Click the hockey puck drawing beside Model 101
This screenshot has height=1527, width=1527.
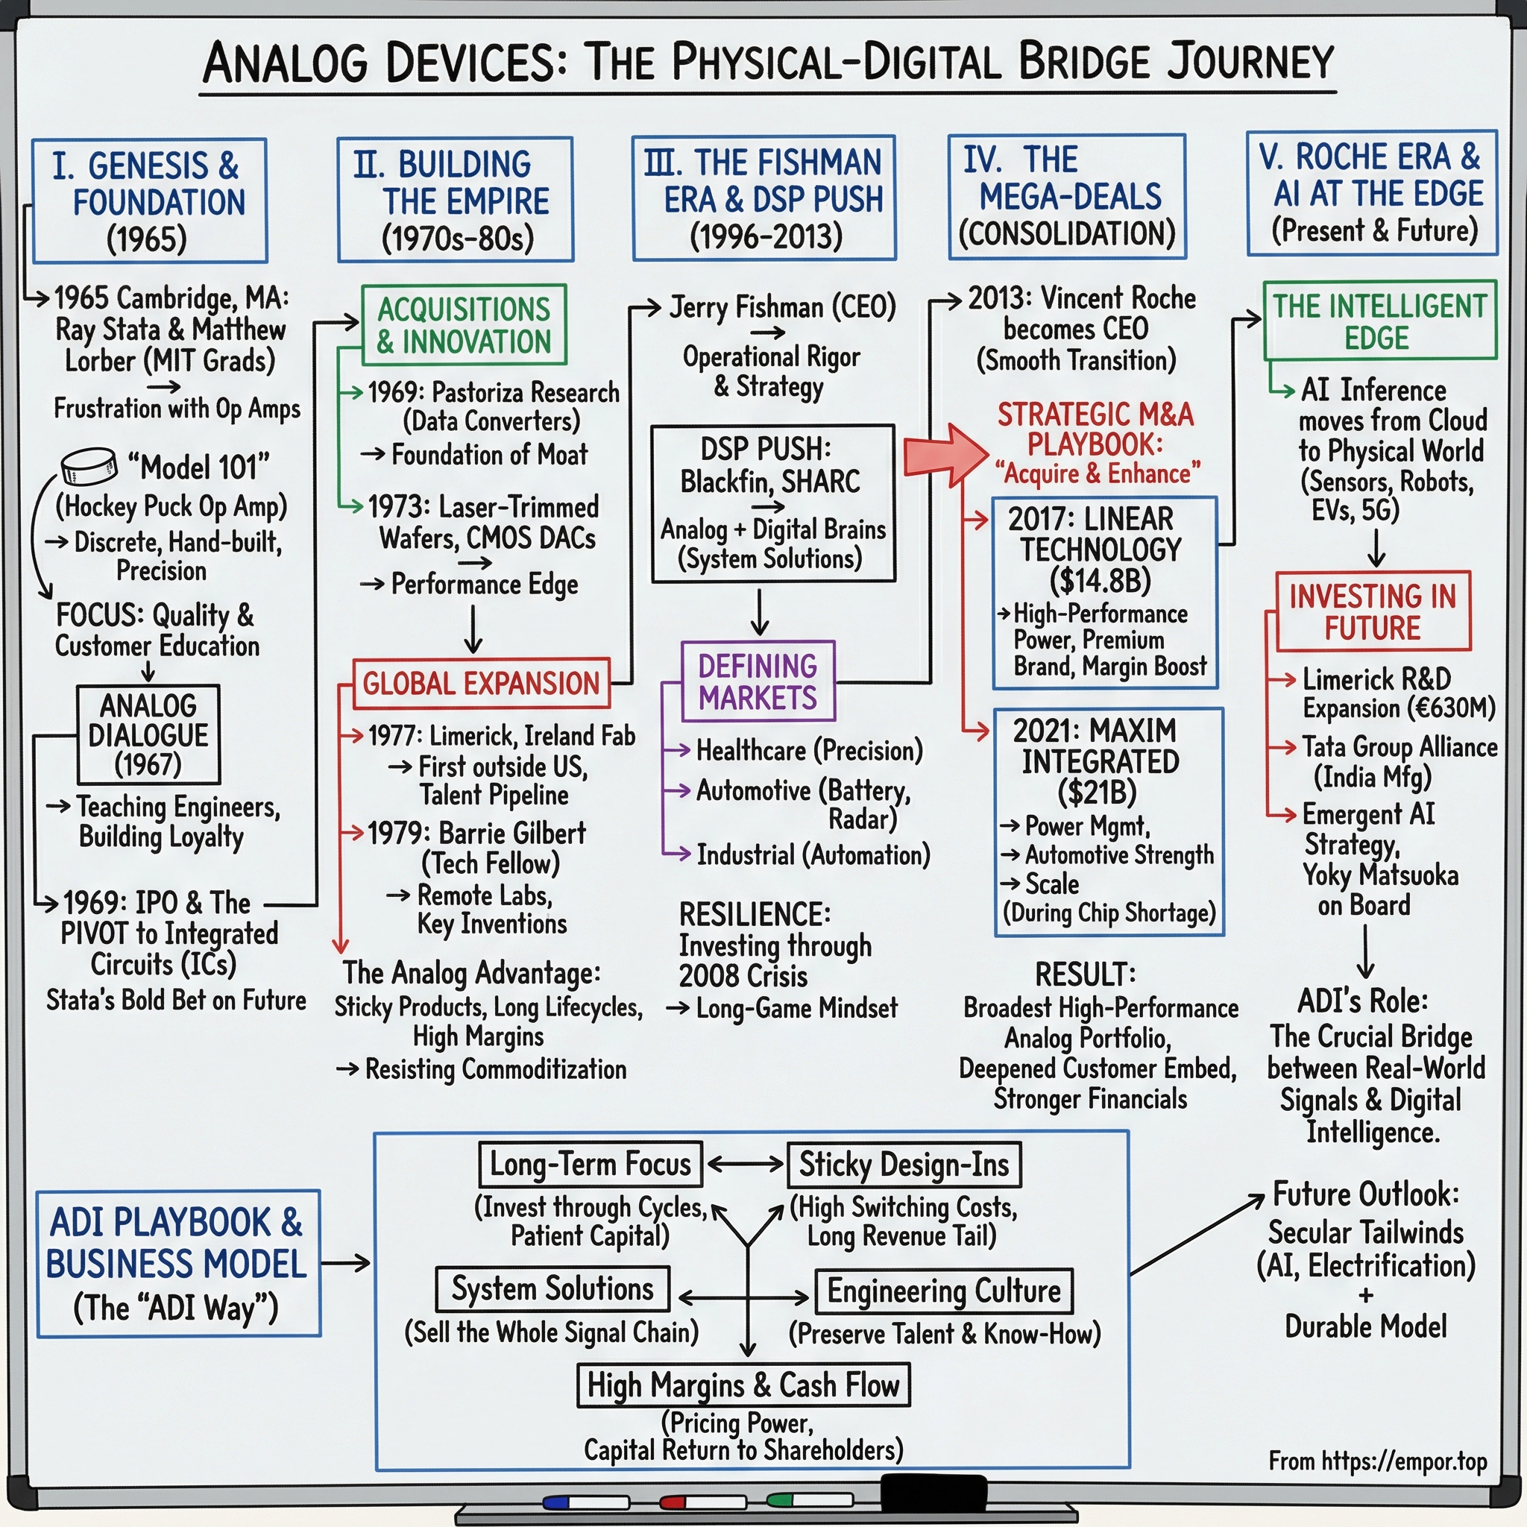pos(88,467)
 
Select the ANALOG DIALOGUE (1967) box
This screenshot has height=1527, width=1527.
pos(148,734)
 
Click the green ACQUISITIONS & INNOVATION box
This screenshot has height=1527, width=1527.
pos(464,325)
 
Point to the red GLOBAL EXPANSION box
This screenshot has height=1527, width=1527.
pos(481,683)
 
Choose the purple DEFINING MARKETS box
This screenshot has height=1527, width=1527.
pos(758,681)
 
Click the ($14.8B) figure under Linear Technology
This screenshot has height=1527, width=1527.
pos(1100,581)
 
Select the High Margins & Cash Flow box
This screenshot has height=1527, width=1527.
pos(743,1385)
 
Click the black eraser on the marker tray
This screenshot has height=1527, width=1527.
pos(933,1492)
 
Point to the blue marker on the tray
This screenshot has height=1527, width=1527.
pos(585,1502)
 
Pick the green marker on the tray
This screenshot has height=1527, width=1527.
pos(810,1499)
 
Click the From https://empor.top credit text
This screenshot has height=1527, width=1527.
pos(1378,1461)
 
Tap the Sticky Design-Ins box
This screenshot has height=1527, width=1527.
pos(904,1164)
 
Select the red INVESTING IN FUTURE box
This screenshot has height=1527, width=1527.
pos(1373,611)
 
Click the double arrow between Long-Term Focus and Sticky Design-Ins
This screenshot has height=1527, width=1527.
pos(745,1164)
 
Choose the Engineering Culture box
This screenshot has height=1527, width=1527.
pos(943,1291)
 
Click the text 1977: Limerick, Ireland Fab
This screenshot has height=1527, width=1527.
pos(501,736)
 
